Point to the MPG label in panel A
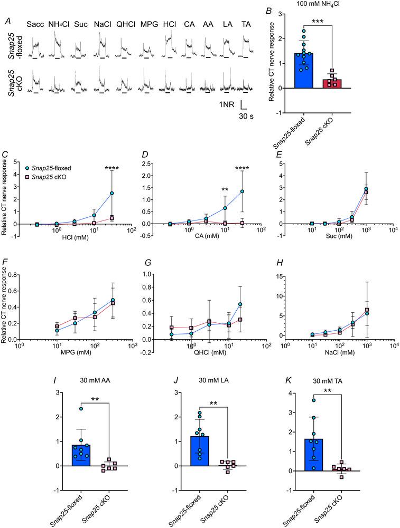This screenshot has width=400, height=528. point(149,24)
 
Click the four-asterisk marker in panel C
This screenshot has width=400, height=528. point(112,168)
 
